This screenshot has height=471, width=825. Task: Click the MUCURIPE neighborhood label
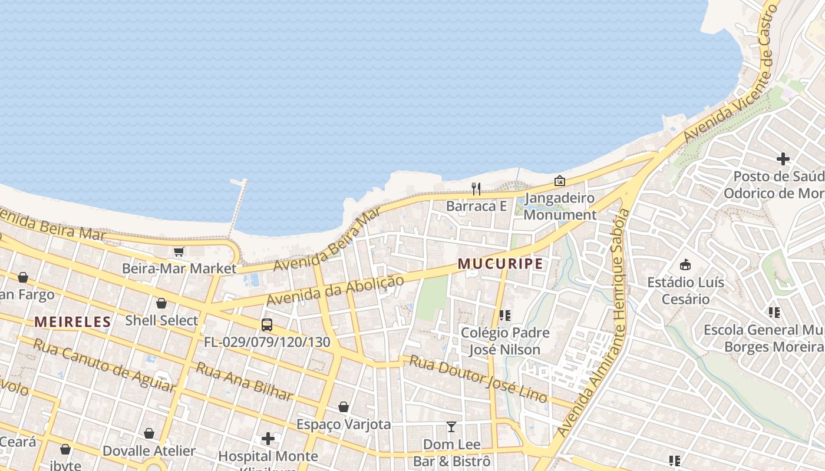pos(500,264)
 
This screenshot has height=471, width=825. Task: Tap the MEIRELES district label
pos(72,321)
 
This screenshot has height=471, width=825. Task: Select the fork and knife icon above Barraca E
pos(476,188)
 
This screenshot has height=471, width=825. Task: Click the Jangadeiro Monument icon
pos(559,181)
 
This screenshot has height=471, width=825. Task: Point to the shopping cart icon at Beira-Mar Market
pos(179,252)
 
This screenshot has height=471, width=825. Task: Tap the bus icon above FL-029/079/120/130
pos(267,324)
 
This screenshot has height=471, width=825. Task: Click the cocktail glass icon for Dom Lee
pos(451,427)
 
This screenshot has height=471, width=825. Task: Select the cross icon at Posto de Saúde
pos(783,158)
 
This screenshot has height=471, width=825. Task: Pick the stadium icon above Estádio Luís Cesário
pos(685,265)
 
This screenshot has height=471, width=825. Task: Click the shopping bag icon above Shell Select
pos(161,303)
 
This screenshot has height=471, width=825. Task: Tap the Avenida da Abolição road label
pos(335,290)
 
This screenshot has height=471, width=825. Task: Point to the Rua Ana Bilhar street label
pos(244,382)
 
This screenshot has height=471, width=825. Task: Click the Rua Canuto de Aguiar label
pos(104,365)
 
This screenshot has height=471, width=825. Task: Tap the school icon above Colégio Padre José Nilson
pos(504,316)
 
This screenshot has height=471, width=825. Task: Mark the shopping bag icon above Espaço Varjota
pos(344,407)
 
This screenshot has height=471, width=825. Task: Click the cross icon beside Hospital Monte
pos(268,439)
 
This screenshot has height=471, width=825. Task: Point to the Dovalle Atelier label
pos(148,451)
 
